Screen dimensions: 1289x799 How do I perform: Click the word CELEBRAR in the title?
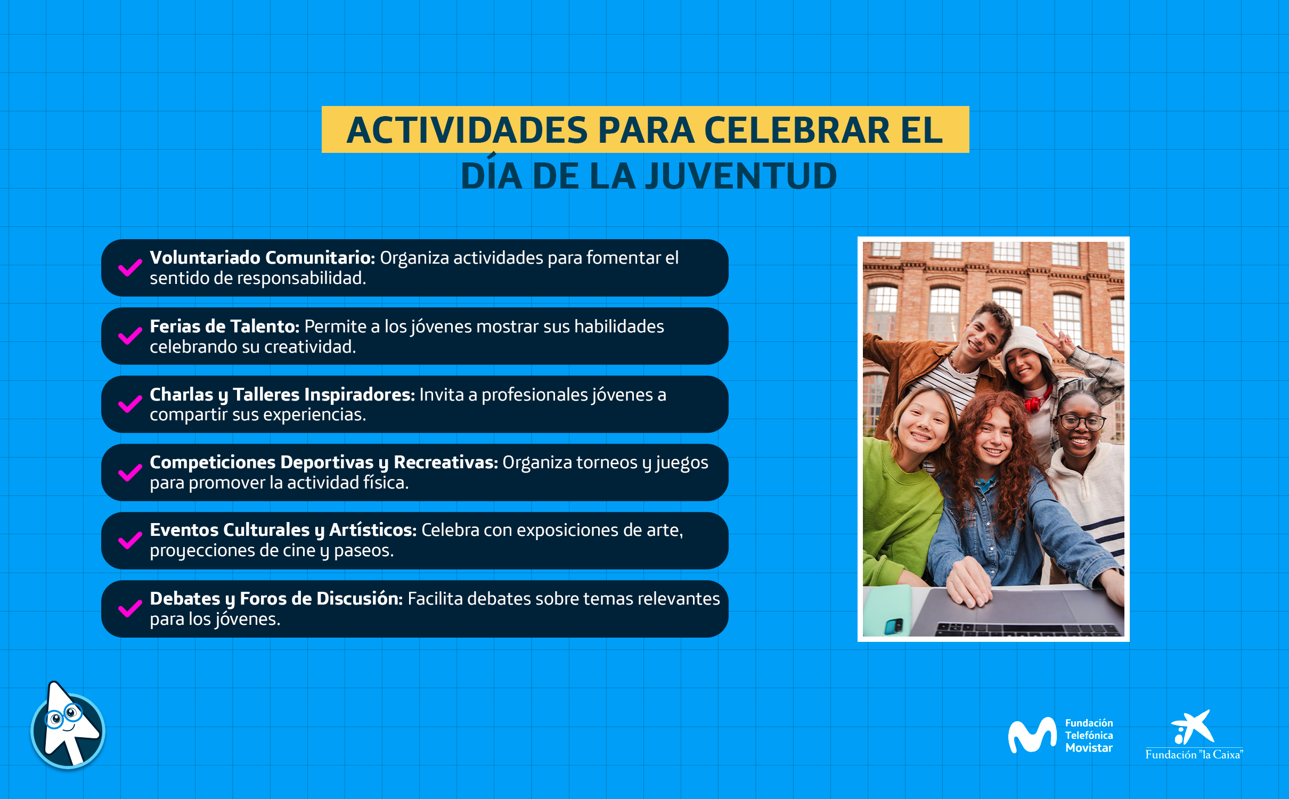tap(797, 130)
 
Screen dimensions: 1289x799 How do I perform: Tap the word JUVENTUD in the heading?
tap(741, 176)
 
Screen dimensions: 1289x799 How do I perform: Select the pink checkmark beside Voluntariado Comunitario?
tap(130, 268)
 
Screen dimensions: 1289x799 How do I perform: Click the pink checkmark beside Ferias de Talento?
tap(130, 336)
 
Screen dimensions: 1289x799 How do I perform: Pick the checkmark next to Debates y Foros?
tap(130, 608)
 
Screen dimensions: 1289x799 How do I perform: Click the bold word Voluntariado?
tap(205, 258)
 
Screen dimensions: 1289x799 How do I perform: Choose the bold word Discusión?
tap(360, 599)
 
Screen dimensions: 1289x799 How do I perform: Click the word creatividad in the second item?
tap(310, 347)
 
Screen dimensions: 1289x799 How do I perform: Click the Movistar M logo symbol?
tap(1032, 735)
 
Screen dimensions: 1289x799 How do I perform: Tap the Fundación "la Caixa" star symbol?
tap(1193, 727)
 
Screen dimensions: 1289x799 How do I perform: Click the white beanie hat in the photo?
tap(1026, 343)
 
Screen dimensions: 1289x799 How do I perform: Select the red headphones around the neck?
tap(1034, 402)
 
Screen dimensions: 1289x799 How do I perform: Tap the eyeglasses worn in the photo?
tap(1081, 422)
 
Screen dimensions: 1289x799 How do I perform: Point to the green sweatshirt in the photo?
tap(900, 511)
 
